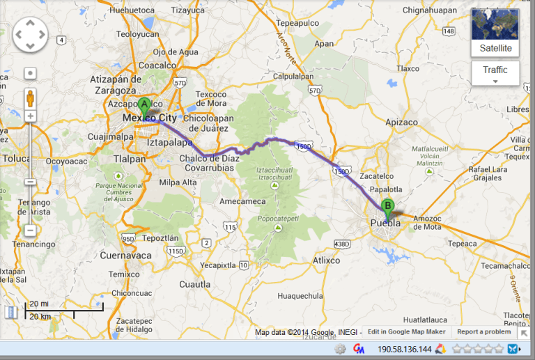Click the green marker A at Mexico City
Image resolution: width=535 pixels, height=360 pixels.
144,106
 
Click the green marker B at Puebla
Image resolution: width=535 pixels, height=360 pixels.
388,206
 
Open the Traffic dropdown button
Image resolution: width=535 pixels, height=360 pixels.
495,72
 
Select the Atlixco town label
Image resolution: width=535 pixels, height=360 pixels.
326,260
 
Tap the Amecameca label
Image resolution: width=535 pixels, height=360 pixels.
242,201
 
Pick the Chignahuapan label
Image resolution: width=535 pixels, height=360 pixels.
430,10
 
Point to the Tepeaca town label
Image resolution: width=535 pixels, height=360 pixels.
462,244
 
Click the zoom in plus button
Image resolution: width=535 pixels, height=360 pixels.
30,116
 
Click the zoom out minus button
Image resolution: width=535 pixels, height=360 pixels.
30,230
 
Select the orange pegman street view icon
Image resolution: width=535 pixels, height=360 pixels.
30,97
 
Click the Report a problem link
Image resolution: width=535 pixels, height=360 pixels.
483,331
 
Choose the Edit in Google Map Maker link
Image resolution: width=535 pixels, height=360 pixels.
406,331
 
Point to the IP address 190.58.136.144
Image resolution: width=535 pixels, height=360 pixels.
405,349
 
